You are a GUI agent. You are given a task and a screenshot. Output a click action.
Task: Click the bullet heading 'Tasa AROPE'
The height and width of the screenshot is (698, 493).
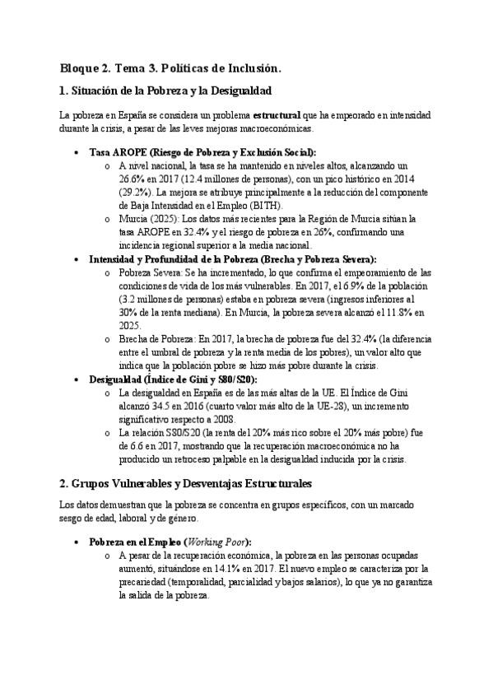pyautogui.click(x=113, y=153)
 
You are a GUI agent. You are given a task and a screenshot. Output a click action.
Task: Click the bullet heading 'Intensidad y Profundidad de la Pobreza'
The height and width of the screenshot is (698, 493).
pyautogui.click(x=174, y=258)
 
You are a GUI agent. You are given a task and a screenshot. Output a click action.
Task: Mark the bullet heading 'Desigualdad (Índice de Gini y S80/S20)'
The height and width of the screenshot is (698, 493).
pyautogui.click(x=173, y=379)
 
